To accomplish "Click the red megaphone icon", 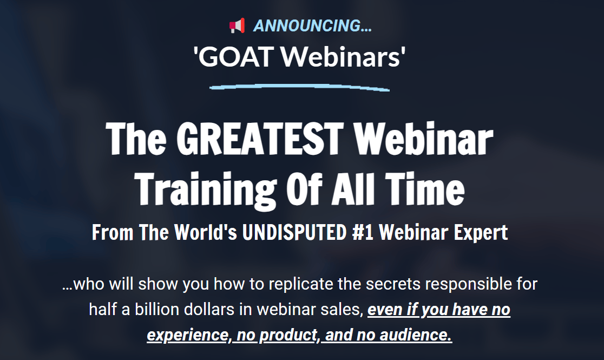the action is [x=237, y=26].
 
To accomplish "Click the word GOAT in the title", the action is [x=236, y=56].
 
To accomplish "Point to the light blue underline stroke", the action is [x=299, y=87].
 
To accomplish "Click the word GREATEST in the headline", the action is [x=260, y=139].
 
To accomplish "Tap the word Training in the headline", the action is [x=207, y=189].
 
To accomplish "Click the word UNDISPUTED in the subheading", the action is [x=294, y=232].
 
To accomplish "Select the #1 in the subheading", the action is [x=363, y=232].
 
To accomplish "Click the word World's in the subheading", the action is [x=205, y=232].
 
